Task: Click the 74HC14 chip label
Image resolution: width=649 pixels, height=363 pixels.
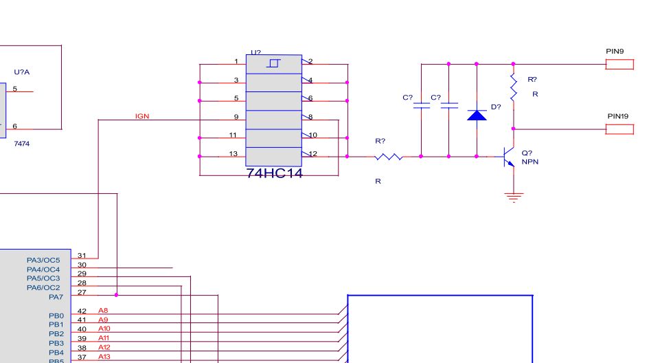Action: coord(275,173)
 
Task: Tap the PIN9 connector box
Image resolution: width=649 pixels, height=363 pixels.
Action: coord(619,64)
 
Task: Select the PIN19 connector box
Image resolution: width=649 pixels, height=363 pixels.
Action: coord(619,129)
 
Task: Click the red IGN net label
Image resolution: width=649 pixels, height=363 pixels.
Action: coord(142,116)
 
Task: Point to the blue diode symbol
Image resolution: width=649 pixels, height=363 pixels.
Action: coord(477,115)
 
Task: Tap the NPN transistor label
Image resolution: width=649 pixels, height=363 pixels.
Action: coord(530,162)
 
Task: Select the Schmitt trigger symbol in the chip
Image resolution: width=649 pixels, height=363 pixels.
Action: coord(273,63)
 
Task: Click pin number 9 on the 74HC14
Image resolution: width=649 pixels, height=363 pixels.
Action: coord(236,117)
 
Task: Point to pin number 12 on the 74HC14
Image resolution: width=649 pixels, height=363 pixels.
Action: coord(313,154)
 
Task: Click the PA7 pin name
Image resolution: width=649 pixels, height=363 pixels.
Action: coord(56,297)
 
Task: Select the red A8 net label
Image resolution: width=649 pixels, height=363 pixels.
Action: coord(103,310)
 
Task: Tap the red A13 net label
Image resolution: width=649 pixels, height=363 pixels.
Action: coord(104,356)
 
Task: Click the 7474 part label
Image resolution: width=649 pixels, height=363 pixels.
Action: coord(21,144)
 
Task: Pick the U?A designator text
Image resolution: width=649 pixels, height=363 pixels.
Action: coord(21,71)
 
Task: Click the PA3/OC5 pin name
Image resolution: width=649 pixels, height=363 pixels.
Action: coord(43,261)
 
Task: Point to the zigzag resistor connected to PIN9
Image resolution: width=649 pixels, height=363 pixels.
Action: coord(514,87)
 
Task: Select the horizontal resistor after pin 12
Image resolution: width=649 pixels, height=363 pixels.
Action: coord(389,157)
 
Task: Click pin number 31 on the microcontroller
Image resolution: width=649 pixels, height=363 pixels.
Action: coord(82,256)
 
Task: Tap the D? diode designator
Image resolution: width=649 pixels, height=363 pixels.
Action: coord(496,107)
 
